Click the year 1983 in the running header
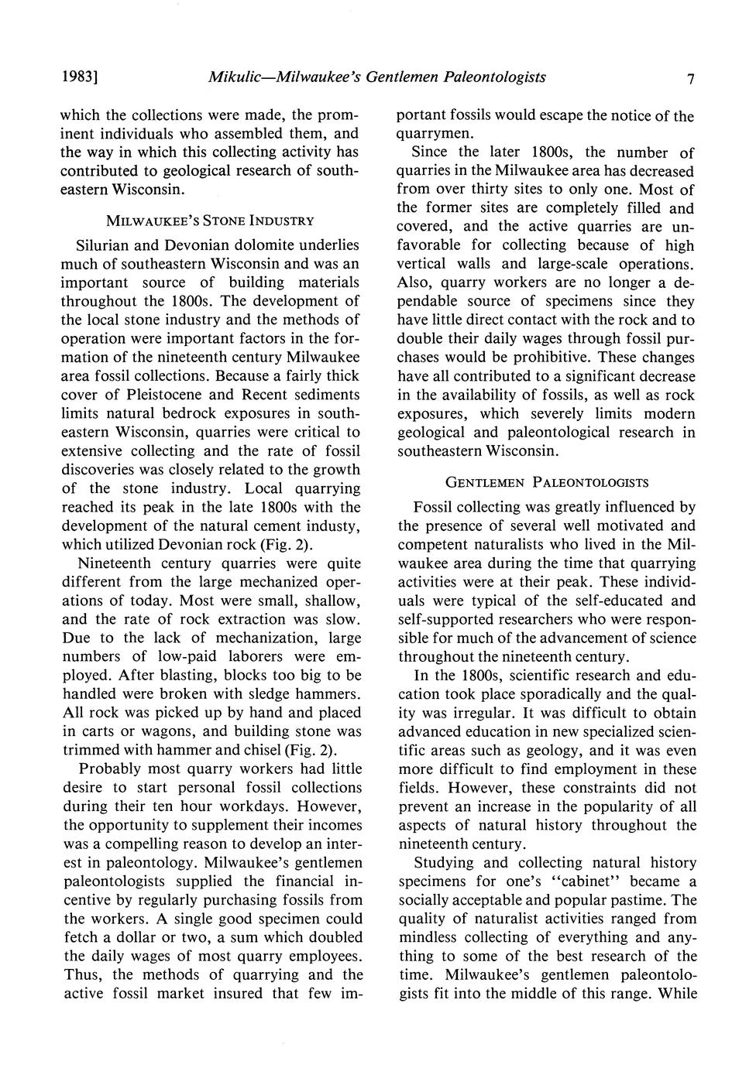point(80,77)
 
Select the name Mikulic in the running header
point(234,77)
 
